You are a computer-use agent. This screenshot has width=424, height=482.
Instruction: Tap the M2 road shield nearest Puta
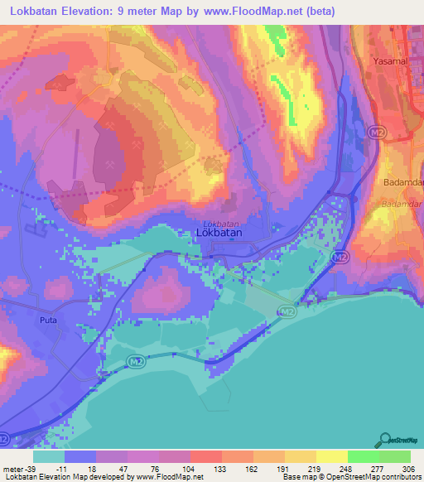click(137, 360)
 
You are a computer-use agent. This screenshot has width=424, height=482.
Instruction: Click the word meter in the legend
click(14, 468)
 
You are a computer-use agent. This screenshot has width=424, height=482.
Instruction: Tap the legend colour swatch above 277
click(363, 456)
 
